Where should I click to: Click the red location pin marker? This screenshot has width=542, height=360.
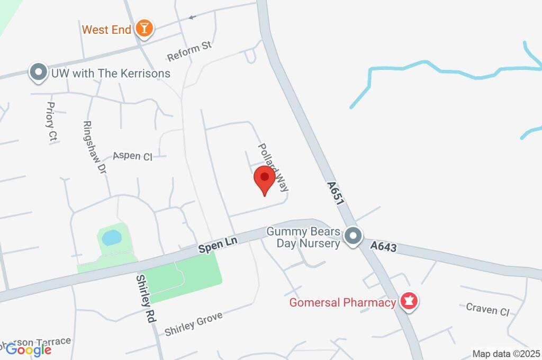click(x=265, y=179)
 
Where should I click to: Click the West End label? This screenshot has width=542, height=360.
click(x=106, y=30)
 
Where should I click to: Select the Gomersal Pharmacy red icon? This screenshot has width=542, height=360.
click(x=409, y=302)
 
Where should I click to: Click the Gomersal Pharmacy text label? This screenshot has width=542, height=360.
click(x=342, y=303)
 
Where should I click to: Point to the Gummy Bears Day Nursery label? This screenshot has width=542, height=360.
click(x=303, y=238)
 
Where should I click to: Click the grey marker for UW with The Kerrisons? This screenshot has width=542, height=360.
click(x=38, y=73)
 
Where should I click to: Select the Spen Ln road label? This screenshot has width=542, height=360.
click(x=218, y=244)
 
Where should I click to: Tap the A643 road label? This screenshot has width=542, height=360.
click(x=384, y=246)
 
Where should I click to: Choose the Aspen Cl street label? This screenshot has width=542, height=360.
click(x=132, y=156)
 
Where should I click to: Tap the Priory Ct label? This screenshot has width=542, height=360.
click(x=51, y=122)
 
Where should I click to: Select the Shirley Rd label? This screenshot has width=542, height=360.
click(x=143, y=299)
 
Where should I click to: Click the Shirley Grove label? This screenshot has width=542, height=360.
click(x=193, y=323)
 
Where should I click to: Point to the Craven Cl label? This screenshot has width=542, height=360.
click(x=487, y=309)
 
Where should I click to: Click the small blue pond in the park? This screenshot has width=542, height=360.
click(x=111, y=238)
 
